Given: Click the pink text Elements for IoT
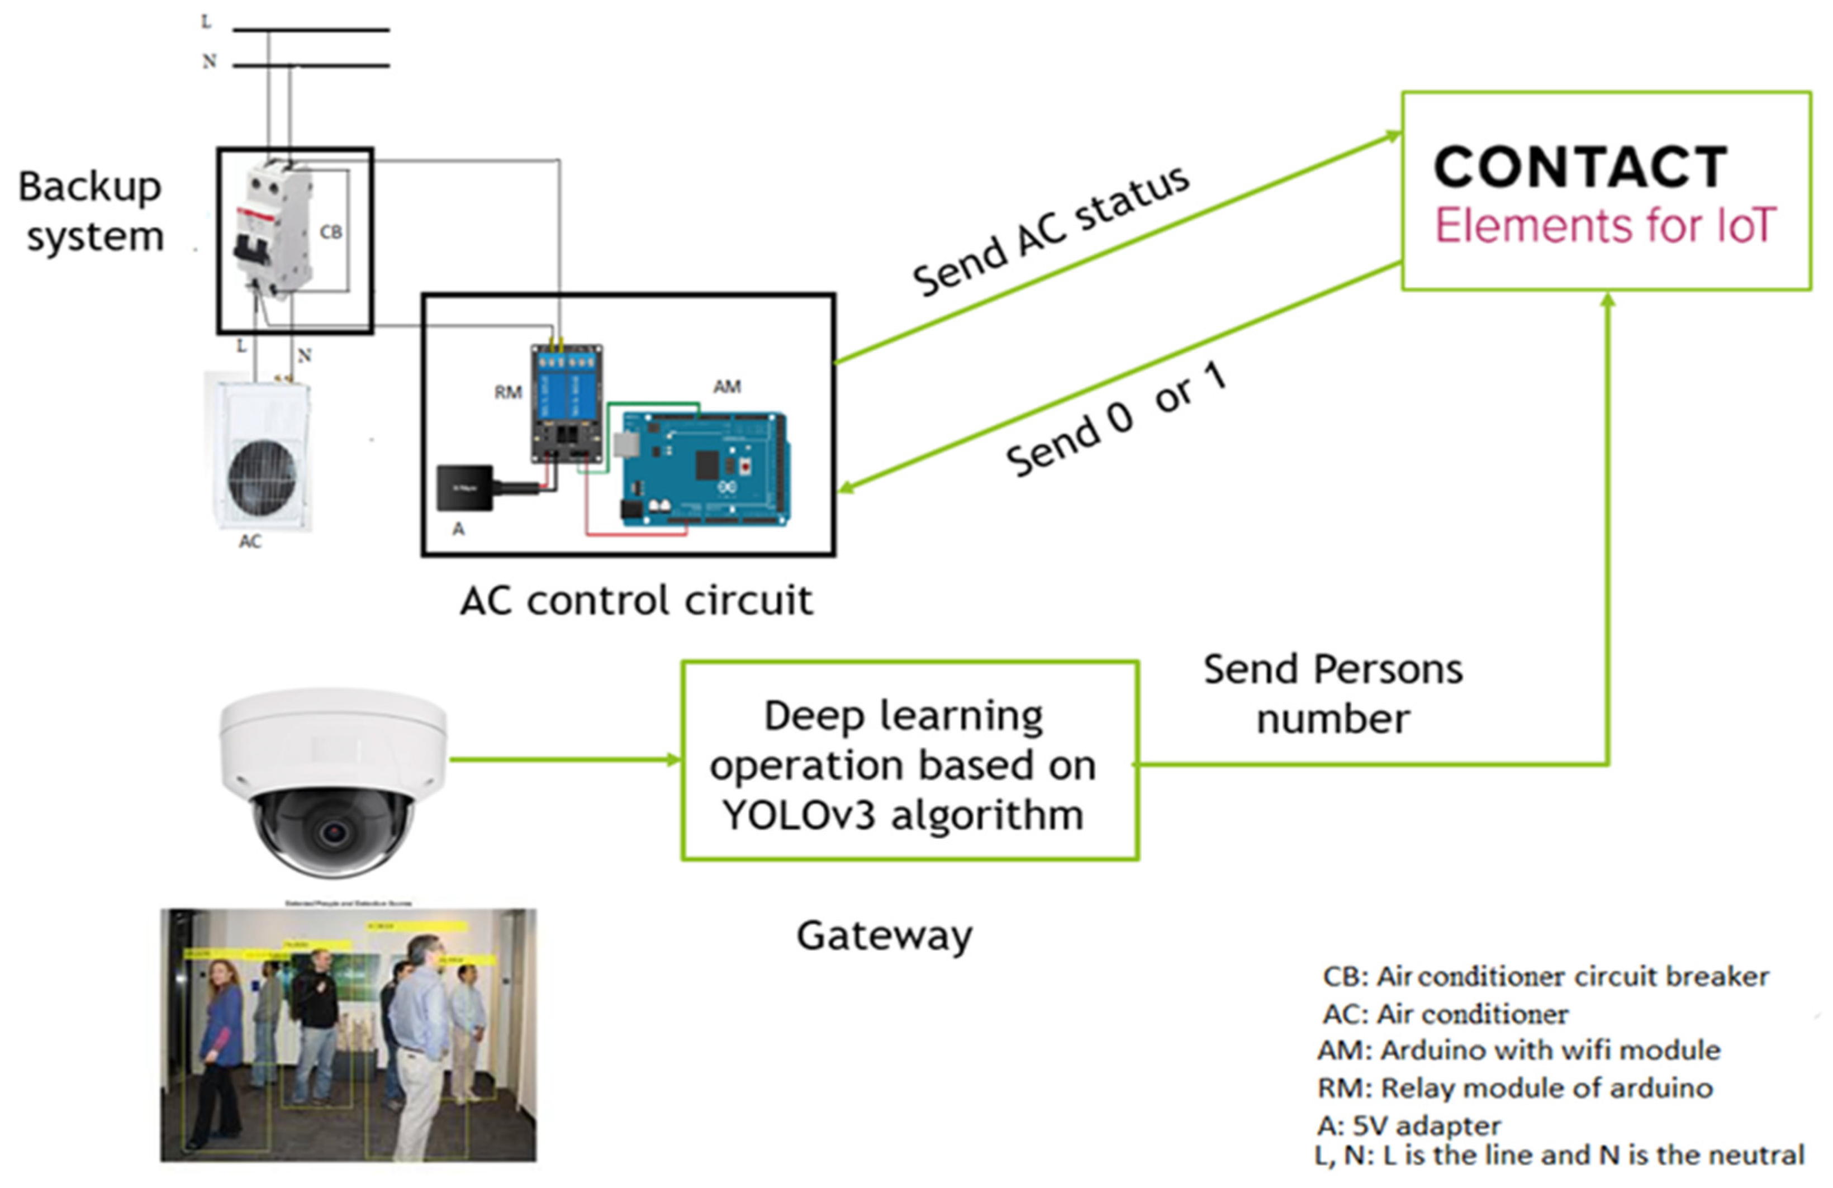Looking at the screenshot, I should (x=1605, y=226).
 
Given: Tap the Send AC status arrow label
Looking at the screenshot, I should (x=1051, y=231).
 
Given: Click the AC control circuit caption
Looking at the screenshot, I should (x=636, y=601).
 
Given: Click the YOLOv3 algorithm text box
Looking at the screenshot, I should (x=910, y=764).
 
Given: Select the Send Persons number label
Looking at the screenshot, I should (x=1332, y=693).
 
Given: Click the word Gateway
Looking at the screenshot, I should (x=884, y=935).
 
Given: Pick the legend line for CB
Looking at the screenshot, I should (x=1545, y=976).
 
